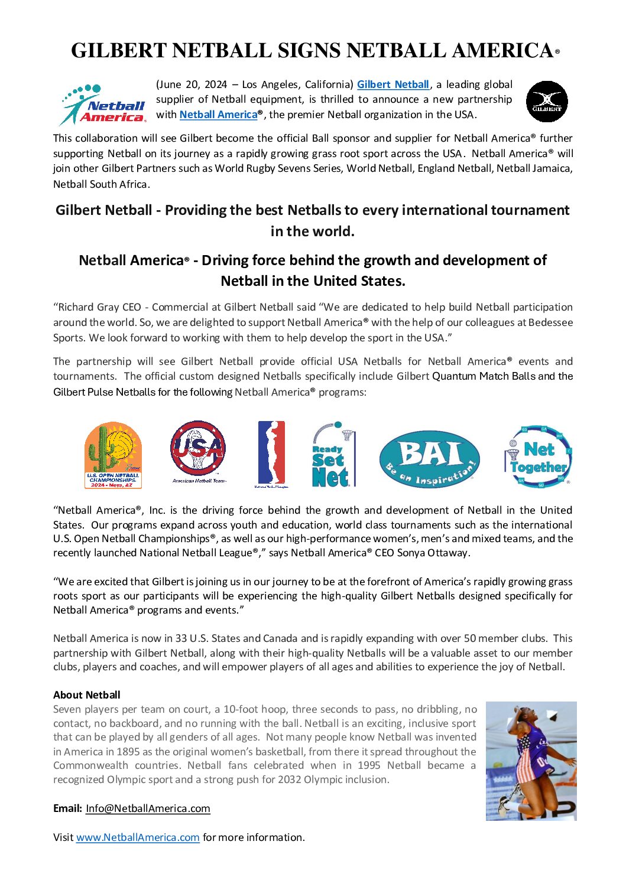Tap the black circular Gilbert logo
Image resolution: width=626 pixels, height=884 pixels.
click(x=547, y=102)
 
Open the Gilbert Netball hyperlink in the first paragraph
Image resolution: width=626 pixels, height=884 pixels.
click(x=393, y=84)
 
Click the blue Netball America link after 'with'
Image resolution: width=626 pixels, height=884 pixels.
click(x=218, y=115)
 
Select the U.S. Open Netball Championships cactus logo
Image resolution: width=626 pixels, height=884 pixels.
click(x=113, y=455)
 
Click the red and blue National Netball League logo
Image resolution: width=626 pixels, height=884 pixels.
click(x=271, y=454)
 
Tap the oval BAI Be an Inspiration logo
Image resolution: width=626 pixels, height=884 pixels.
click(x=429, y=459)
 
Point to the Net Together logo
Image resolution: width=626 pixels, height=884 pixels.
click(x=539, y=456)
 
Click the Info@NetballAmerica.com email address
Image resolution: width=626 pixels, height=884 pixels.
click(x=148, y=808)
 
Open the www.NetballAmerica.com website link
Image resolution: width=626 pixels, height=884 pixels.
click(x=138, y=837)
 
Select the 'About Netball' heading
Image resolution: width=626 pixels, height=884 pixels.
click(x=87, y=695)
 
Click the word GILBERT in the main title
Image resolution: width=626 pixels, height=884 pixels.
click(x=119, y=51)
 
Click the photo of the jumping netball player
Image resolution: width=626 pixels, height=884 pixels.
click(x=531, y=761)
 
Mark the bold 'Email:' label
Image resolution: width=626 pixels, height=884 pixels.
click(x=67, y=808)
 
